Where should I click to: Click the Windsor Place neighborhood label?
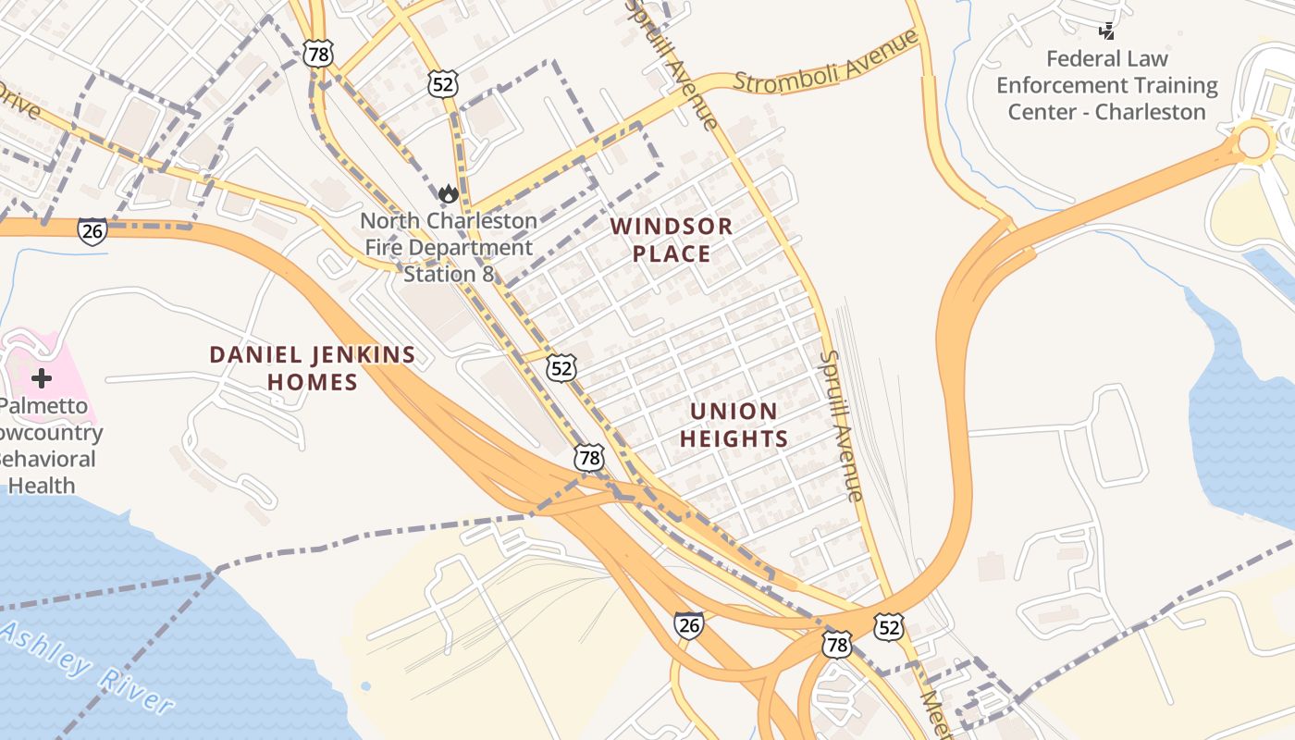coord(672,240)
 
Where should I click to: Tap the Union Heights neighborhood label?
coord(734,425)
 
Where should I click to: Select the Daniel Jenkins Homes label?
coord(312,367)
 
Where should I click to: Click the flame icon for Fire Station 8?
coord(449,193)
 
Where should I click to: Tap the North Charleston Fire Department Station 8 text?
coord(449,247)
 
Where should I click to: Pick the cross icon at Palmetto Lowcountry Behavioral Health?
coord(41,377)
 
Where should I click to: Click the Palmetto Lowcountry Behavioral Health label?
coord(46,446)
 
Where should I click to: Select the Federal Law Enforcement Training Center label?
coord(1106,85)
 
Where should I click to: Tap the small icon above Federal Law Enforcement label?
coord(1106,31)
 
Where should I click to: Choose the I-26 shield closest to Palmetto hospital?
coord(92,231)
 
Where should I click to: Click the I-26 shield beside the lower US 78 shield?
coord(688,625)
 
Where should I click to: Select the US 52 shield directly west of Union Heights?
coord(561,368)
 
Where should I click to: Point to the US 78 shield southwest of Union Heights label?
coord(588,457)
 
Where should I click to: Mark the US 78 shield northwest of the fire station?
coord(318,55)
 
